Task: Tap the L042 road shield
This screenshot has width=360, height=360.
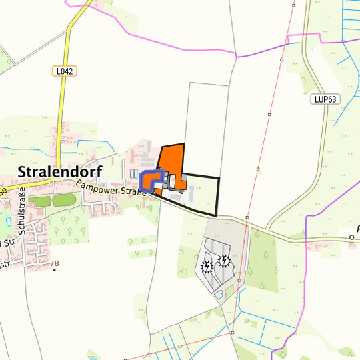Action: point(64,69)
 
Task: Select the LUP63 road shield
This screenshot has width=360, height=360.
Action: point(325,99)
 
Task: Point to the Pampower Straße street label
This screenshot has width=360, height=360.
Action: point(110,189)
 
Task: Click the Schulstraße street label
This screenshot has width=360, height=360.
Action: point(22,209)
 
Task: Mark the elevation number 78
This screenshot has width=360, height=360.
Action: point(55,263)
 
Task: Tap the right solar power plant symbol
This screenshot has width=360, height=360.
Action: point(224,260)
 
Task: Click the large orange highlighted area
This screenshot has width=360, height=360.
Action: point(172,160)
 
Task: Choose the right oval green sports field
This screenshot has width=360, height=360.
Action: point(65,199)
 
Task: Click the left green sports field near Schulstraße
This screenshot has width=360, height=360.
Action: point(39,201)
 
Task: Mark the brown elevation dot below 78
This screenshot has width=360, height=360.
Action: point(55,271)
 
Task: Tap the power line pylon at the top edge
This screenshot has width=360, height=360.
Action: point(293,4)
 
